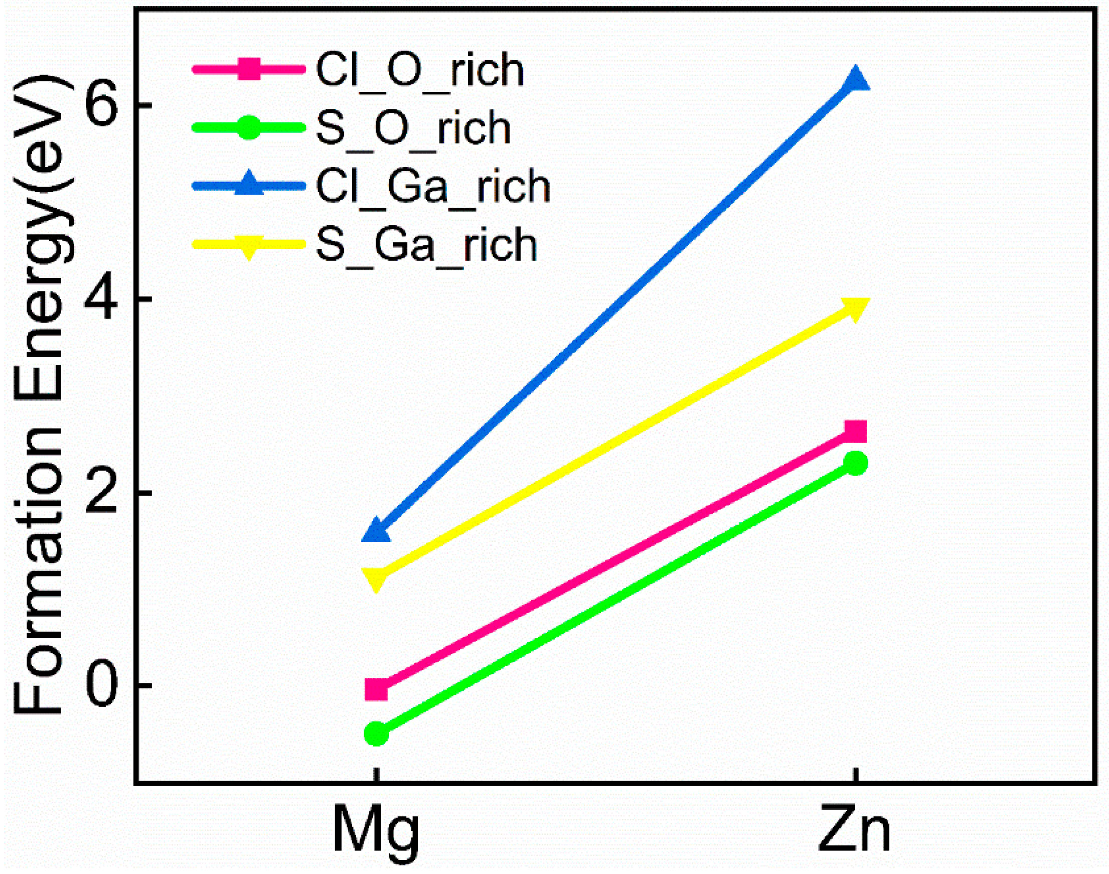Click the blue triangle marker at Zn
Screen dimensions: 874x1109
coord(855,81)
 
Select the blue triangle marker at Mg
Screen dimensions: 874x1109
coord(377,531)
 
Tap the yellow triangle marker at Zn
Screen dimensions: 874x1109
coord(855,309)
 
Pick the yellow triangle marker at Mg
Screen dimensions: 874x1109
coord(377,577)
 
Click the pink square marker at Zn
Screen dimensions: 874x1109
coord(855,431)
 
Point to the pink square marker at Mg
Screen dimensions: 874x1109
coord(377,689)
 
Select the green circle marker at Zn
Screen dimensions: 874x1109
coord(855,463)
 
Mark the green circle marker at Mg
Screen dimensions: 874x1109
coord(377,734)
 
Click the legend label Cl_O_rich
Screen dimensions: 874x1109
coord(420,70)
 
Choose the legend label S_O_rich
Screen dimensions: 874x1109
coord(413,128)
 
